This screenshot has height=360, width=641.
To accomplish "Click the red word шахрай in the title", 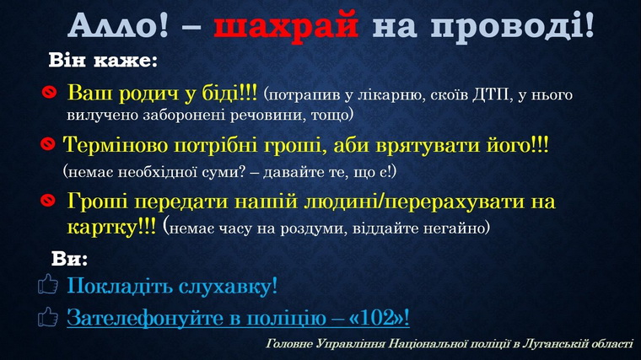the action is pyautogui.click(x=286, y=26).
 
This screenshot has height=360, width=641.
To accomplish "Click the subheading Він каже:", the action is pyautogui.click(x=103, y=61).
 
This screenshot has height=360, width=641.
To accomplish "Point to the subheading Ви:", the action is pyautogui.click(x=69, y=258).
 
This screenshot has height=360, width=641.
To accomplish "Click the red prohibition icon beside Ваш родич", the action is pyautogui.click(x=49, y=92).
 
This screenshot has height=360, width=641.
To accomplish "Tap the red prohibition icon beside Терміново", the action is pyautogui.click(x=48, y=143).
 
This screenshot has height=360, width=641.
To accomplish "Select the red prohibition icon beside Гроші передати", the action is pyautogui.click(x=48, y=200).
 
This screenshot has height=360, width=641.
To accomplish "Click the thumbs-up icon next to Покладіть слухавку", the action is pyautogui.click(x=48, y=284).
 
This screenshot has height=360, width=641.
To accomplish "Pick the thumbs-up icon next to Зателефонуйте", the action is pyautogui.click(x=48, y=317).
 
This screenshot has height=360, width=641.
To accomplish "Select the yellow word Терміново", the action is pyautogui.click(x=116, y=145).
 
